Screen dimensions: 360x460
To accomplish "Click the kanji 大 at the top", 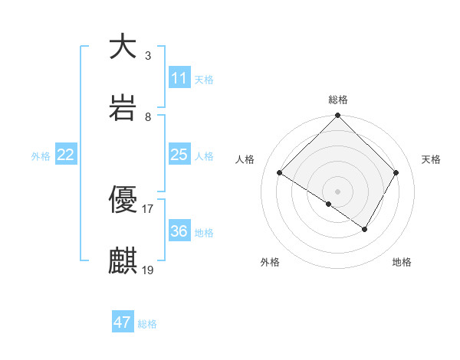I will click(123, 47).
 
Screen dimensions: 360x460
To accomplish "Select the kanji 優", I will click(123, 200).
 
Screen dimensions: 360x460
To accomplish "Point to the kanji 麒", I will click(123, 261).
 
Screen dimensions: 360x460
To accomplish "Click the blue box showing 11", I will click(179, 78).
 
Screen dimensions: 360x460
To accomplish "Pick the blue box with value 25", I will click(179, 155).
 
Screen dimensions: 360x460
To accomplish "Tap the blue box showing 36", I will click(179, 231).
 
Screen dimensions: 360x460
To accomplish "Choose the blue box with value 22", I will click(66, 155).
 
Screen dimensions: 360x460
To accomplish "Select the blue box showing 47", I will click(123, 322).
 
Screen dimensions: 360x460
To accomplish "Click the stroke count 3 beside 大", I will click(148, 55).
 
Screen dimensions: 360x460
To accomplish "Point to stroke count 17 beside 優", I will click(148, 208).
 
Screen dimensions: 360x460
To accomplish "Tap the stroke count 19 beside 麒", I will click(148, 270).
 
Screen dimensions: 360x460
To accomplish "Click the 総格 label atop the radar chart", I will click(338, 100).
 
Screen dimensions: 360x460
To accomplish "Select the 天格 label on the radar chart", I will click(432, 159).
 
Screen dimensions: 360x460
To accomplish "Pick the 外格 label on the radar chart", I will click(270, 262).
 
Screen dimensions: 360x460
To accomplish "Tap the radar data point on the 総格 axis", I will click(338, 116).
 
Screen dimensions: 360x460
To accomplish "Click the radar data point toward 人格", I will click(280, 173).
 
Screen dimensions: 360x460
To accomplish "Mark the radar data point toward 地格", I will click(365, 229).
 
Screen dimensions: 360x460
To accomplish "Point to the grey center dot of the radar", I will click(338, 191).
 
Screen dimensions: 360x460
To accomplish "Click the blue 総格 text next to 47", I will click(147, 324).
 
